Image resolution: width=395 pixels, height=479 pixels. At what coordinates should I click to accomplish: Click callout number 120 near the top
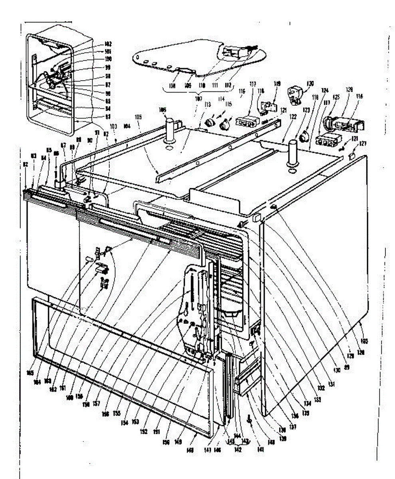[x=310, y=84]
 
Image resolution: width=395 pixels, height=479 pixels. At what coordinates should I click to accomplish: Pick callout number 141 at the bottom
[x=261, y=449]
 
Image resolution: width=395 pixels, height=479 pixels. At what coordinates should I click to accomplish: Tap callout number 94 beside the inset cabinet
[x=85, y=109]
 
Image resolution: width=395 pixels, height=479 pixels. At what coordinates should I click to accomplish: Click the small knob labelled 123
[x=304, y=138]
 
